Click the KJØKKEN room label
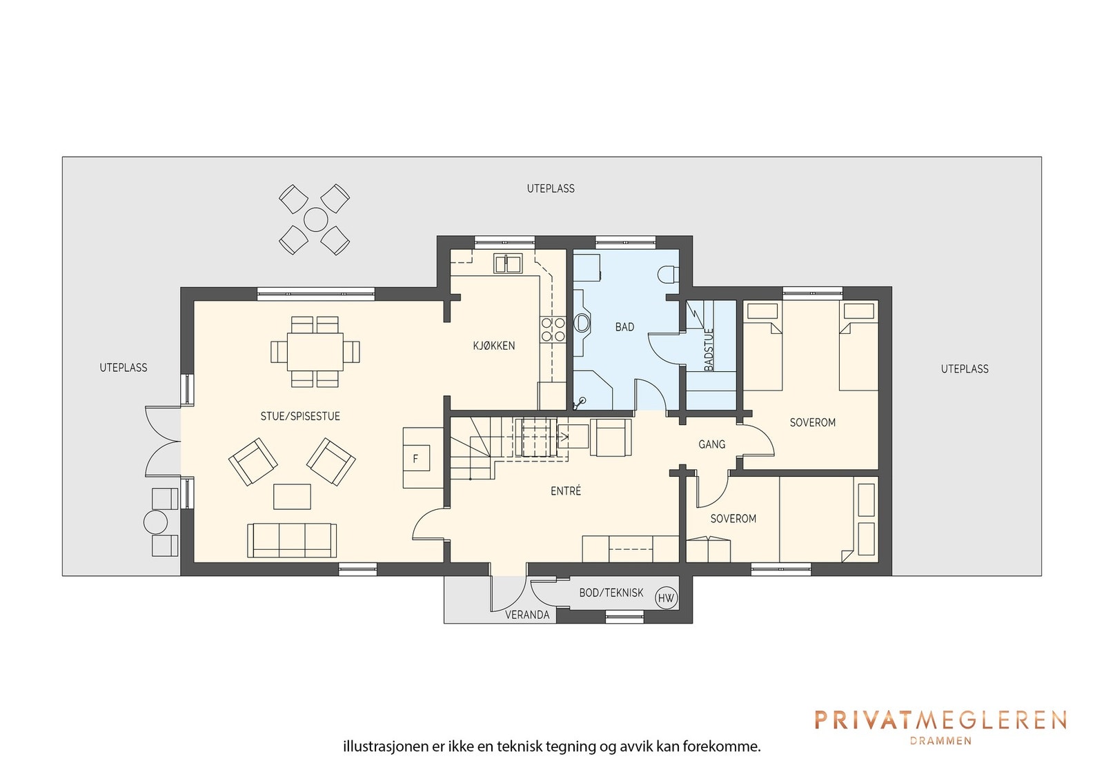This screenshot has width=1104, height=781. tap(494, 346)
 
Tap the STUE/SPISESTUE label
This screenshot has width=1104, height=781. tap(300, 416)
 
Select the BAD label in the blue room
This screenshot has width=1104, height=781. tap(624, 327)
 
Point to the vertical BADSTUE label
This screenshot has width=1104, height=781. tap(709, 350)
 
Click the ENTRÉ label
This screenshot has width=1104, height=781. tap(566, 491)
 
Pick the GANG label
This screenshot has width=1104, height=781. tap(711, 444)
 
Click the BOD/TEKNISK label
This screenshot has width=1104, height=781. tap(611, 593)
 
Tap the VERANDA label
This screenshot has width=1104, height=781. tap(527, 615)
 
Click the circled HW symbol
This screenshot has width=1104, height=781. tap(666, 598)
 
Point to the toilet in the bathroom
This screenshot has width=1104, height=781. tap(669, 275)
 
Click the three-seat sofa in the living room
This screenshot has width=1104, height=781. tap(292, 540)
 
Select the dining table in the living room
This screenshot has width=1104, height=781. tap(315, 352)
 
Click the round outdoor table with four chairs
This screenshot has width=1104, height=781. tap(315, 219)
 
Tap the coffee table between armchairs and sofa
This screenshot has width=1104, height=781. tap(292, 496)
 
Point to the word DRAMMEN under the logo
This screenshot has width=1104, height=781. tap(941, 740)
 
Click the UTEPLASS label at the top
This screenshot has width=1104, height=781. tap(551, 189)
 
